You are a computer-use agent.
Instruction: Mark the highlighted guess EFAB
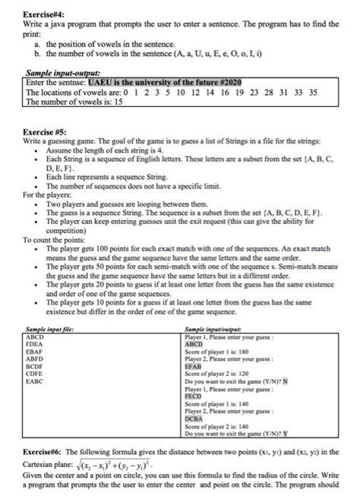[194, 365]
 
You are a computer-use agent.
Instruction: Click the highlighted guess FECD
[194, 396]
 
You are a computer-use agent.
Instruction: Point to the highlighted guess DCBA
[194, 418]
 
